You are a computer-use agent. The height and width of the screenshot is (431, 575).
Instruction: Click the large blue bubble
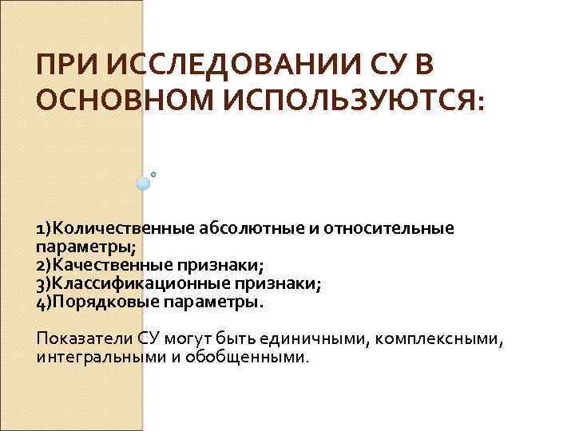click(x=144, y=183)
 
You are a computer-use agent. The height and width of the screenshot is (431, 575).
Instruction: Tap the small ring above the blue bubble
click(x=153, y=171)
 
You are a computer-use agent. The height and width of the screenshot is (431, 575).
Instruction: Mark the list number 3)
click(x=44, y=284)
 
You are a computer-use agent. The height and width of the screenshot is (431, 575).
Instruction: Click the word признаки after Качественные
click(x=225, y=266)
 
